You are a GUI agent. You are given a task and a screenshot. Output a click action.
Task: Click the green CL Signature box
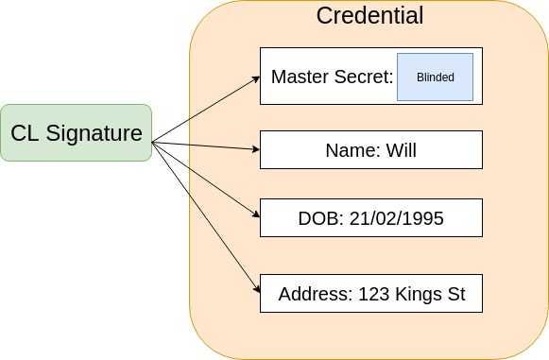[76, 133]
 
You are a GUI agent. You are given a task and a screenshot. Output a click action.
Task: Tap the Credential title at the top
[369, 16]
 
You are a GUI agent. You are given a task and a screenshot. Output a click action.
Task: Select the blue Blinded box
[435, 77]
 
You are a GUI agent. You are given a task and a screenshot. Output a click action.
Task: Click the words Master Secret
[331, 77]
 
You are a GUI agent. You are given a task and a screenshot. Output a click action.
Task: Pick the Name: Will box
[370, 150]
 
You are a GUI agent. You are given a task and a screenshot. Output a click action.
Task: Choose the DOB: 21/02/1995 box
[370, 218]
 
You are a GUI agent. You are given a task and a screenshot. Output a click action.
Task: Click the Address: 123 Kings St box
[370, 294]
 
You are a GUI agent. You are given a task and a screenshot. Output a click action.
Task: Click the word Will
[401, 150]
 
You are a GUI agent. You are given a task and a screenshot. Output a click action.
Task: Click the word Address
[315, 294]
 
